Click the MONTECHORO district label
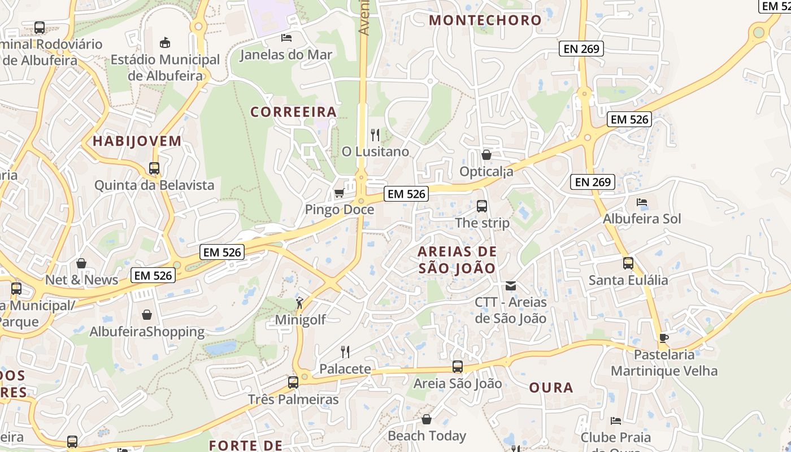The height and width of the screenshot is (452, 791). [485, 20]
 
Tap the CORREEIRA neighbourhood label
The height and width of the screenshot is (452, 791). [293, 112]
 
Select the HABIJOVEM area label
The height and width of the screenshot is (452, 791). [137, 141]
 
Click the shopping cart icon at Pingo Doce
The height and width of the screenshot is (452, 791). [339, 193]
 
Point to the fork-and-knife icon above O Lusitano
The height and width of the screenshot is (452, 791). [375, 135]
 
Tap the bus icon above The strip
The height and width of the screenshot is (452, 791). [482, 206]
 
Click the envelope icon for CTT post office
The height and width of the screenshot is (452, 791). [511, 286]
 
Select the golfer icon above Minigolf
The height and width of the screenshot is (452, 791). [300, 303]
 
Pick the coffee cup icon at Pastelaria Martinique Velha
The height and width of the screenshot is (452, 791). [664, 338]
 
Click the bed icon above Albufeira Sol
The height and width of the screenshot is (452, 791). [642, 202]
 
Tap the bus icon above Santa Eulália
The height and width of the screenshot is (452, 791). [628, 263]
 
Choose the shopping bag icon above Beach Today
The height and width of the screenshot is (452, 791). [427, 419]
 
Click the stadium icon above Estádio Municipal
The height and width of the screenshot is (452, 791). [165, 42]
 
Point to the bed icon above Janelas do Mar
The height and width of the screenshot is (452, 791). [286, 38]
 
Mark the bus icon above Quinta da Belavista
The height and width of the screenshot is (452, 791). [154, 168]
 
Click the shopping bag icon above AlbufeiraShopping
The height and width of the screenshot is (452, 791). [147, 314]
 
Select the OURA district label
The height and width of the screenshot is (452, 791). [551, 388]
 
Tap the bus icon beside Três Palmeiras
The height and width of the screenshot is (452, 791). [293, 383]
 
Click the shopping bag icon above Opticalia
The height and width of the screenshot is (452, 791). [486, 154]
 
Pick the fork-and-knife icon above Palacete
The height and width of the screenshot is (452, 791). [345, 352]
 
